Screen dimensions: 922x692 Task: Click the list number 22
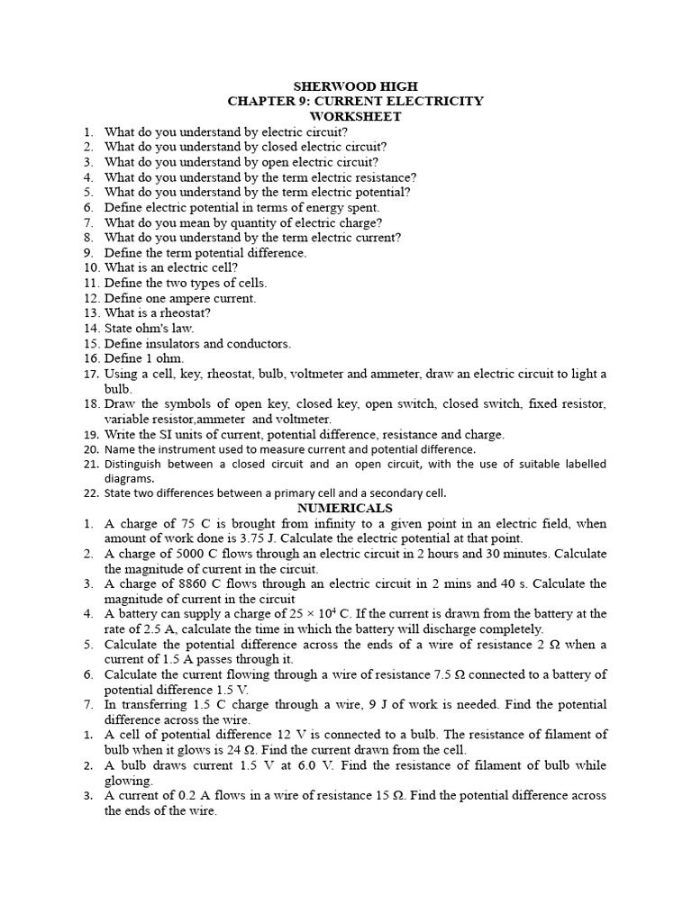coord(90,493)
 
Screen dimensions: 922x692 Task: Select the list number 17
coord(90,374)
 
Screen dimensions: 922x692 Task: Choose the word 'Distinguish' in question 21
coord(135,464)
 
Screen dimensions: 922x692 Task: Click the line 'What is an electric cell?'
coord(171,267)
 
